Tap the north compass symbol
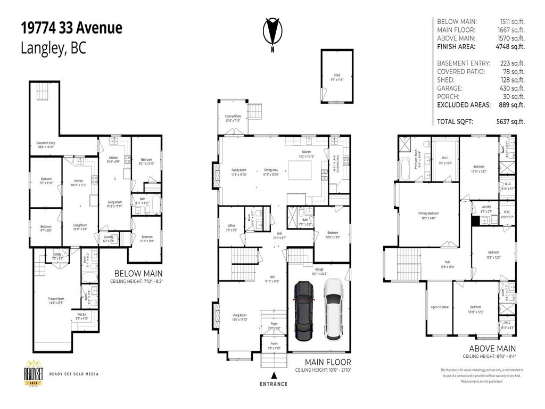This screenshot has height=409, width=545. [272, 33]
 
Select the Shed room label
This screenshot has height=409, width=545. [336, 76]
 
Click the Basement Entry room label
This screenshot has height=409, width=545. [45, 143]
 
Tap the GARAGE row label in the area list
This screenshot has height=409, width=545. [449, 88]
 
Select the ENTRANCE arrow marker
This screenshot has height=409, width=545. [274, 374]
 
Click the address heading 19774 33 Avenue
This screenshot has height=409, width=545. [71, 28]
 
